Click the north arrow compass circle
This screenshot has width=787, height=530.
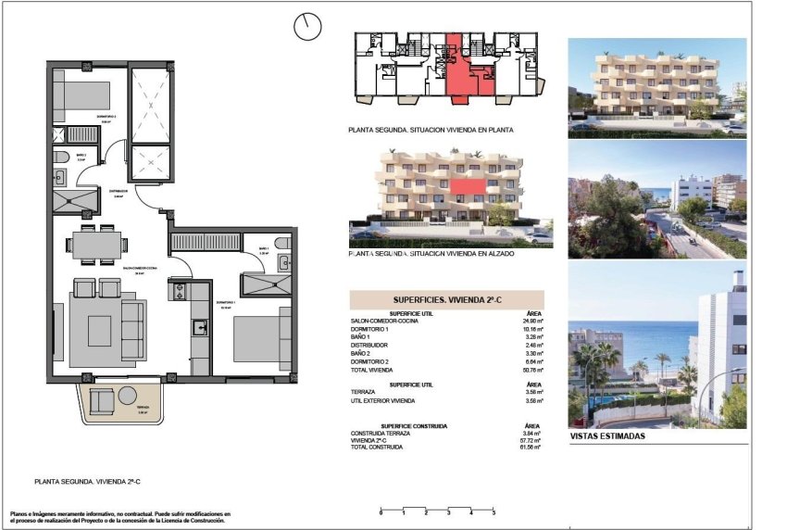point(306,27)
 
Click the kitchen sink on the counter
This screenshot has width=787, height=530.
point(199,326)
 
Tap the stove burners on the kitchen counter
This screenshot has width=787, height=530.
point(177,293)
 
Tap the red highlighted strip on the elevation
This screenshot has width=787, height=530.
point(470,187)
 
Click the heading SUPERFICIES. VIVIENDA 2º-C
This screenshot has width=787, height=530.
point(446,300)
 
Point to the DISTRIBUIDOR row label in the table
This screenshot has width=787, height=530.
point(370,345)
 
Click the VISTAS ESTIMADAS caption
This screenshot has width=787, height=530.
point(607,436)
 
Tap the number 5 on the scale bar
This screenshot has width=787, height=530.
point(493,512)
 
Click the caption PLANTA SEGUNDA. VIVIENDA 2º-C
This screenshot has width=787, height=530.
point(93,482)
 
